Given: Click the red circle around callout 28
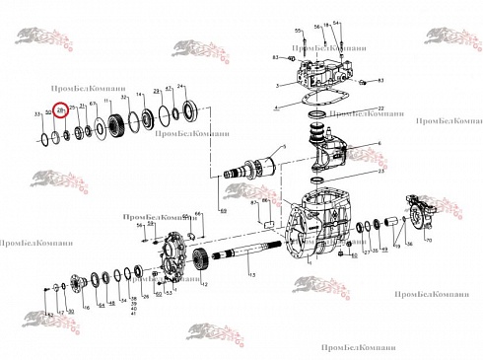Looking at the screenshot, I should click(60, 112).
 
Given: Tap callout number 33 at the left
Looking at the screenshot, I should click(36, 115).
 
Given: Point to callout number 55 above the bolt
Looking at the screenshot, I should click(297, 33).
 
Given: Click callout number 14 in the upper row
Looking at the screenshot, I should click(140, 95).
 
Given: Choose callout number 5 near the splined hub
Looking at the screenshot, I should click(284, 147).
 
